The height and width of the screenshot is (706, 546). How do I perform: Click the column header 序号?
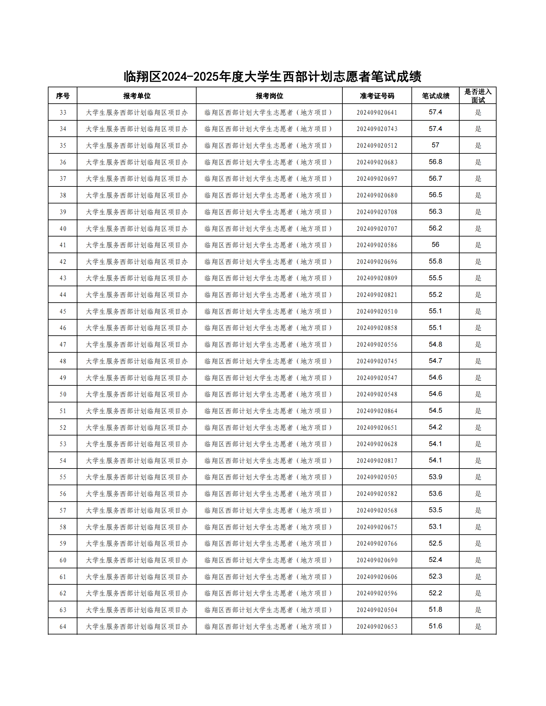(x=62, y=96)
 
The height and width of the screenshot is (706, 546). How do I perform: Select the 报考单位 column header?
(x=136, y=96)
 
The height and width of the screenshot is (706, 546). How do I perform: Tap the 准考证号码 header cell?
(x=377, y=96)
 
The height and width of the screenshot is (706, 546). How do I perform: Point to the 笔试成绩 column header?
(x=436, y=96)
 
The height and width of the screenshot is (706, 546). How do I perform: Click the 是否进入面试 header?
(x=478, y=96)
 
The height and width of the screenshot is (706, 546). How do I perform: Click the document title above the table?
(x=272, y=77)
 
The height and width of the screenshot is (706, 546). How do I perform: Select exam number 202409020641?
(x=377, y=113)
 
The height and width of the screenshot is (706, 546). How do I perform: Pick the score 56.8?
(x=436, y=162)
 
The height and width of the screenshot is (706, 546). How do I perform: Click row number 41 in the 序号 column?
(x=62, y=245)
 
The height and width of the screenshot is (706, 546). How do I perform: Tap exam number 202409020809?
(x=377, y=278)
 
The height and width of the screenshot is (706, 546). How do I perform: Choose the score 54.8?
(x=436, y=344)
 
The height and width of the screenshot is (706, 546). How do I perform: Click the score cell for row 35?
(x=436, y=145)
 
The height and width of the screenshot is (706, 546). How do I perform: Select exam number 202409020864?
(x=377, y=411)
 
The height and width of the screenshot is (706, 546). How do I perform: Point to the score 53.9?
(x=436, y=477)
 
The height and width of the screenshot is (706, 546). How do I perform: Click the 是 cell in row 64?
(x=478, y=626)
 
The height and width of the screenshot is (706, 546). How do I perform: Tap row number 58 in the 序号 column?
(x=62, y=527)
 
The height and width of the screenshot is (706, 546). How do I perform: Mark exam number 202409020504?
(x=377, y=610)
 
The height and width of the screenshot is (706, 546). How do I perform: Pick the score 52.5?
(x=436, y=543)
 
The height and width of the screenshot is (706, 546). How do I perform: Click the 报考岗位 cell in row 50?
(x=269, y=394)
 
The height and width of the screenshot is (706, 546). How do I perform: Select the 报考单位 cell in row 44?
(x=136, y=295)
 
